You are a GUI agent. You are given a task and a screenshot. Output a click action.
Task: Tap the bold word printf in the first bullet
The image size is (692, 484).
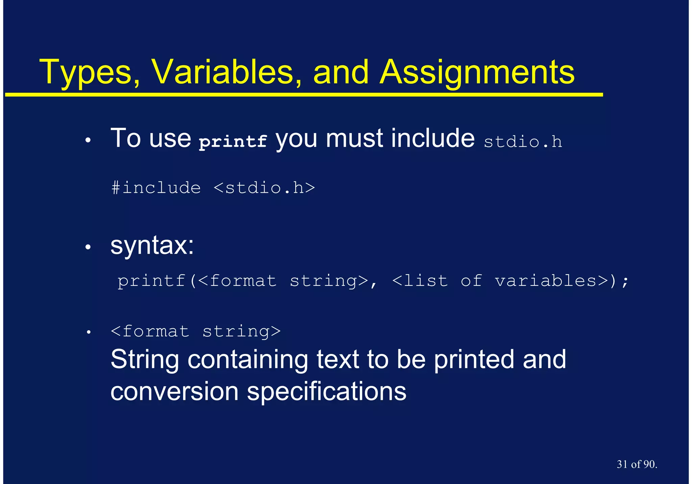point(233,141)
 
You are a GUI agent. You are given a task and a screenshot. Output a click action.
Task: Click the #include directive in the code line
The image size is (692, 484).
point(156,188)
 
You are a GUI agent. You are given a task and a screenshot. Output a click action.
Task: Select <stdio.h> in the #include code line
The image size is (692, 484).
point(264,188)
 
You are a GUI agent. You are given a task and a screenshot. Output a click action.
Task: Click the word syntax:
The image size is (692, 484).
point(152,246)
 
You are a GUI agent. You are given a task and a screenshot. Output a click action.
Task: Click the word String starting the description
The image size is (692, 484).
point(145,360)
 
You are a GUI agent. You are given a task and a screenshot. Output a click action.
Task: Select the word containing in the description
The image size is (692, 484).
point(248,360)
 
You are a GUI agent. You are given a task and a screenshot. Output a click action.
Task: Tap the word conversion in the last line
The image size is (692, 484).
point(174,392)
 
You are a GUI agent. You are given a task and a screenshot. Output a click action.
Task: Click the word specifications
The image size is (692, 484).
point(326,392)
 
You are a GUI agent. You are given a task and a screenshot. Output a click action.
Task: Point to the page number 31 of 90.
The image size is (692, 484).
point(637,464)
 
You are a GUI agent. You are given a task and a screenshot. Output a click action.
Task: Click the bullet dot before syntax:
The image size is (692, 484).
point(88,248)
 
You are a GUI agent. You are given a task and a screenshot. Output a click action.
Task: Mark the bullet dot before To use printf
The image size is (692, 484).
point(88,141)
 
